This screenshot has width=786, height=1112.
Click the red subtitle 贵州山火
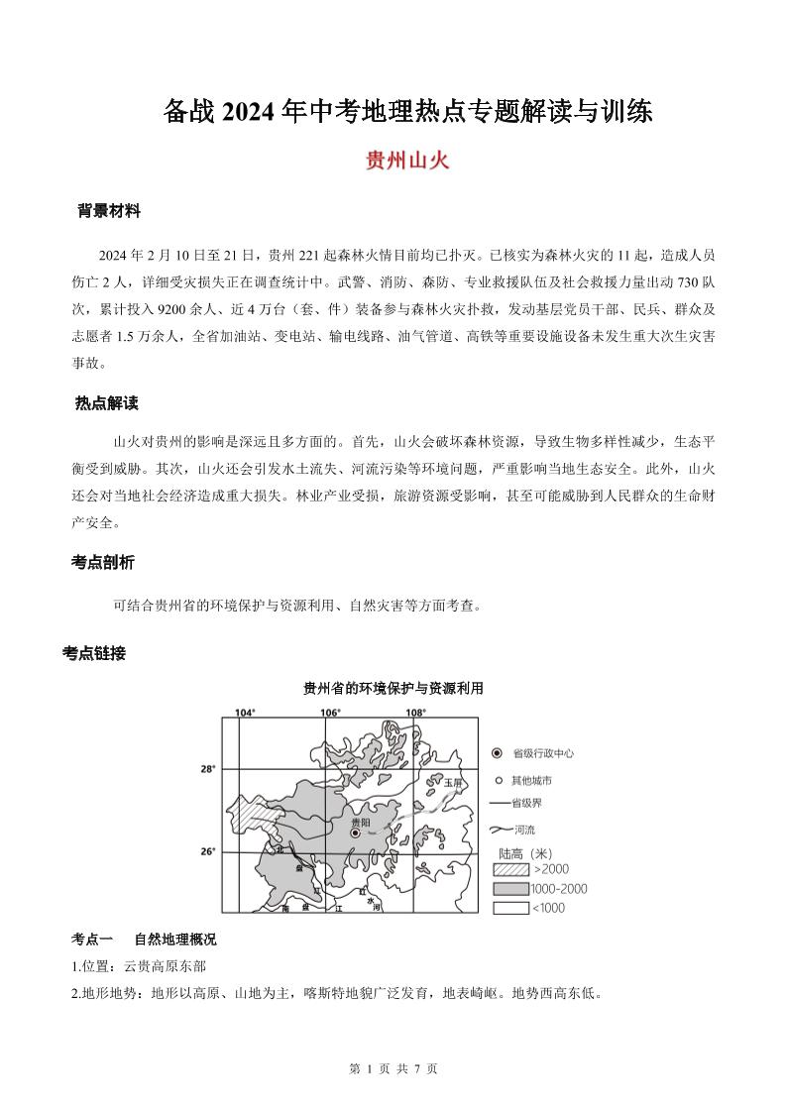coord(407,161)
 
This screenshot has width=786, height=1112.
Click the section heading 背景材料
coord(109,211)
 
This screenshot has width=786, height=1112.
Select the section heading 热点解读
coord(106,403)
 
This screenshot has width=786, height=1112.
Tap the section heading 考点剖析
coord(103,562)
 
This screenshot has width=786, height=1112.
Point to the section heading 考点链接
coord(94,653)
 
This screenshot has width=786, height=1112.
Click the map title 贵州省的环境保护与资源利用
coord(393,689)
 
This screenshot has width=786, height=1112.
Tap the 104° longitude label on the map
coord(245,713)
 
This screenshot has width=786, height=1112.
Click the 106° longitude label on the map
coord(330,713)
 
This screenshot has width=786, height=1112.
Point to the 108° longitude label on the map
coord(415,713)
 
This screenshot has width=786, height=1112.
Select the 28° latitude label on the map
coord(208,768)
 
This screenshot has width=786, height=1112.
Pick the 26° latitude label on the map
coord(208,851)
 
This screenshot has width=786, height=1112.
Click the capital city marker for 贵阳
coord(355,834)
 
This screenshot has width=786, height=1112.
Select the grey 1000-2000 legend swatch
coord(511,888)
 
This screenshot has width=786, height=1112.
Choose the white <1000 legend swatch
coord(511,907)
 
